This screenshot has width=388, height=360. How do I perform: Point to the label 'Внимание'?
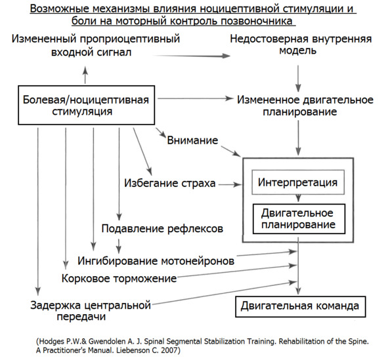point(192,140)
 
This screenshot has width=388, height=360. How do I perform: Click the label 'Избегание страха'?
point(170,184)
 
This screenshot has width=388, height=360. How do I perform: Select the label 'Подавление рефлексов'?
point(162,229)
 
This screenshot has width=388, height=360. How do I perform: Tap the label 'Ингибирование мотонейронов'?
point(156,261)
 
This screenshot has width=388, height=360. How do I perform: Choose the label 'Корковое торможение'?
point(119,279)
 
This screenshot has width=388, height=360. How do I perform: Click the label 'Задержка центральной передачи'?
point(91,311)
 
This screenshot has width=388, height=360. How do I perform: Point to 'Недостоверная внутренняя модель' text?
point(301,45)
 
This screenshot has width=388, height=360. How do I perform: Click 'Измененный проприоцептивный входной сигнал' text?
point(96,46)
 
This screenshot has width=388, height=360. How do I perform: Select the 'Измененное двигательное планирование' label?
point(305,106)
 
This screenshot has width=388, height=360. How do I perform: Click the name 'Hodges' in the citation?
point(51,342)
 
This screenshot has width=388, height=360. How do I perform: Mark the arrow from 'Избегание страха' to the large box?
point(230,184)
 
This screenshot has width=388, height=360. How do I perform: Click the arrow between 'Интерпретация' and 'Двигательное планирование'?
point(299,198)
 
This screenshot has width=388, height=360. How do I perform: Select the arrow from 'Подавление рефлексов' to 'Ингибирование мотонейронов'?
point(119,246)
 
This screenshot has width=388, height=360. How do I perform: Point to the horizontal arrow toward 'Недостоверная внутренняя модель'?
point(192,56)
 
